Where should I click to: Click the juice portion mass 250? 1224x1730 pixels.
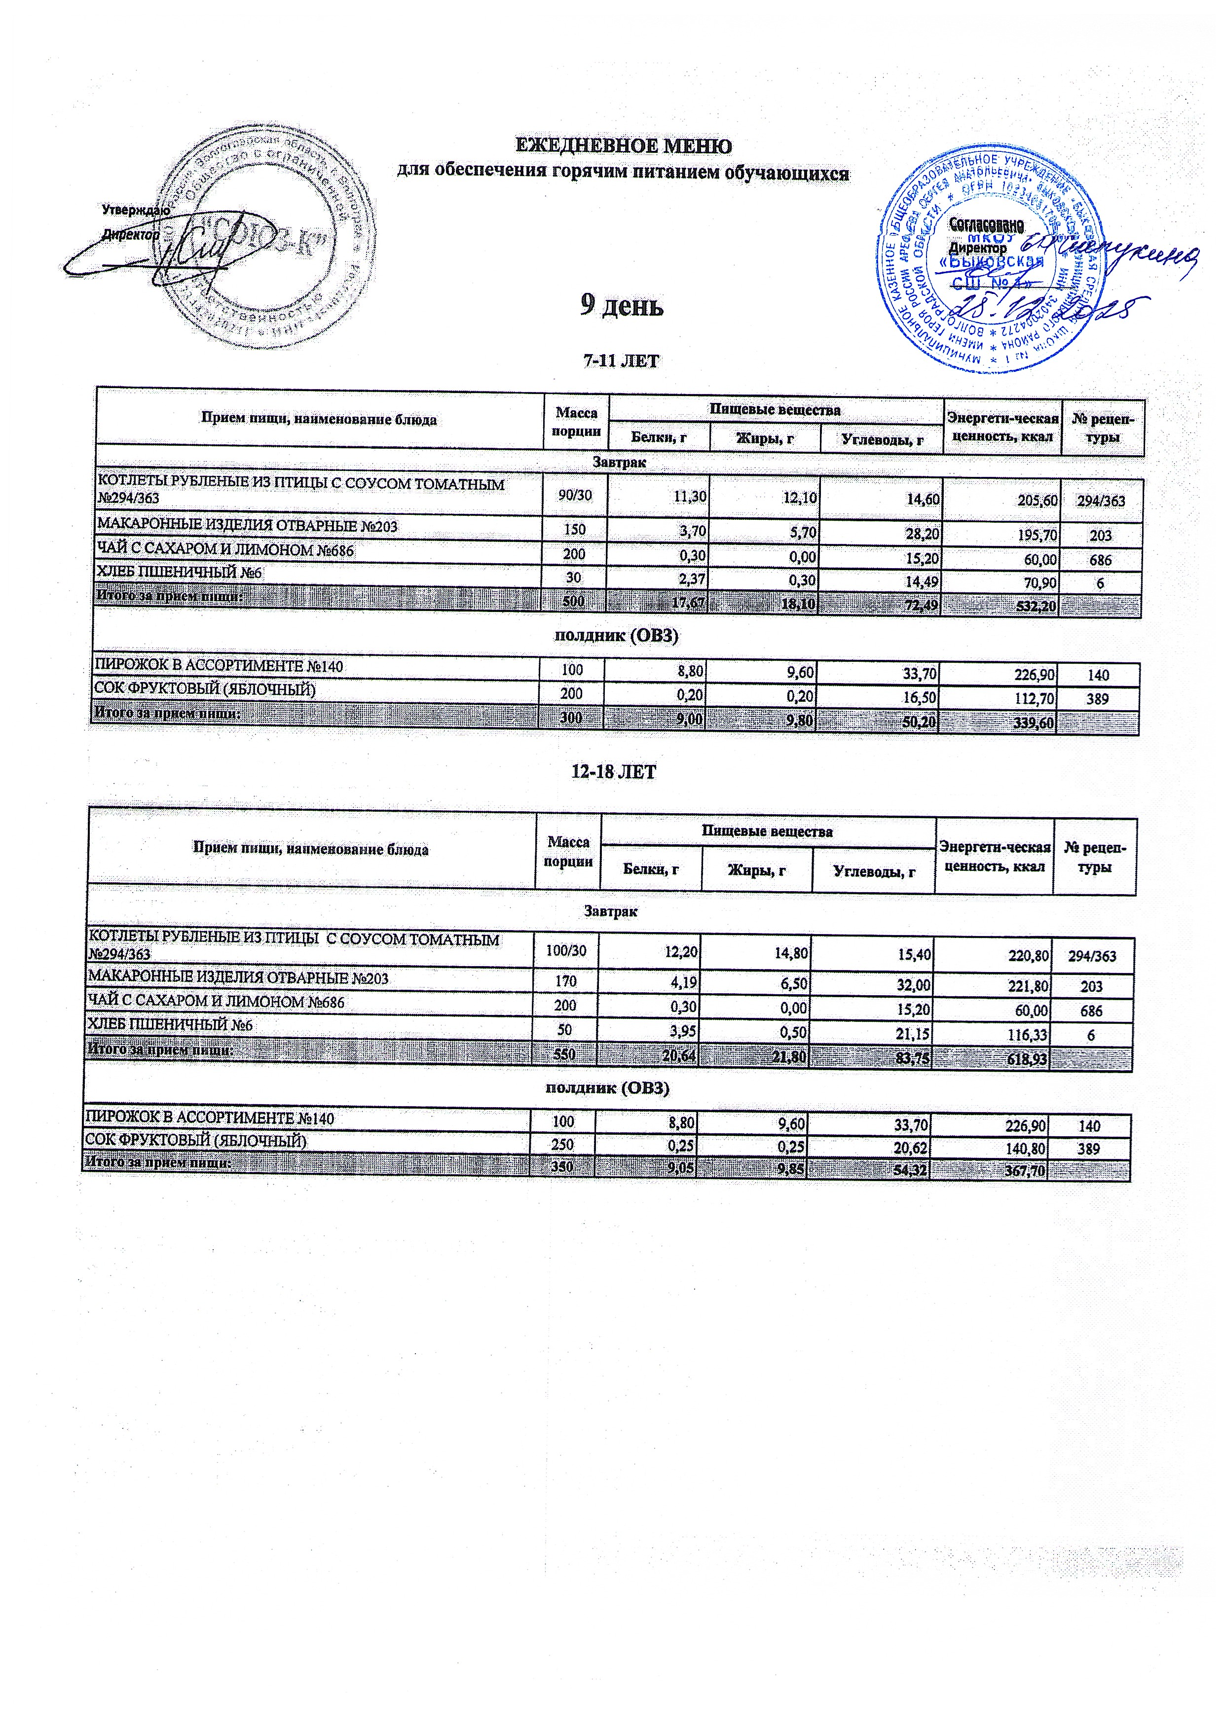(x=563, y=1148)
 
